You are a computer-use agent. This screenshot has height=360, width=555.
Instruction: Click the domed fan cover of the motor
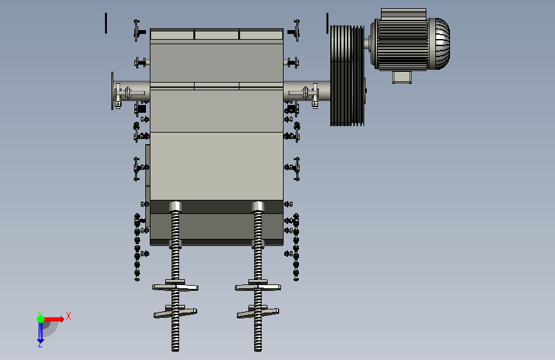click(440, 44)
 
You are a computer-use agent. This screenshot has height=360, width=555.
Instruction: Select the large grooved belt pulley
click(347, 76)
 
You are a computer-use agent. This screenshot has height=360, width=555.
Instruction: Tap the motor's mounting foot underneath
click(402, 78)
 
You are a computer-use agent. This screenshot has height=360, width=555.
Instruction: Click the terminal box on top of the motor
click(403, 13)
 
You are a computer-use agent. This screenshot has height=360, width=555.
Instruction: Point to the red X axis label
click(68, 316)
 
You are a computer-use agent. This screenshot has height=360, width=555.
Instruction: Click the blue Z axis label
click(40, 344)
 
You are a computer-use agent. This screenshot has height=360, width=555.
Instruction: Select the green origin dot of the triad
click(41, 319)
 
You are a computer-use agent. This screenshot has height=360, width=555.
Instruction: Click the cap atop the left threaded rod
click(175, 206)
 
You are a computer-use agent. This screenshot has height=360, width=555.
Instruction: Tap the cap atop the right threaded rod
click(258, 206)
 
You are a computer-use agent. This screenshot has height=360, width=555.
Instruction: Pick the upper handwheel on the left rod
click(175, 286)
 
